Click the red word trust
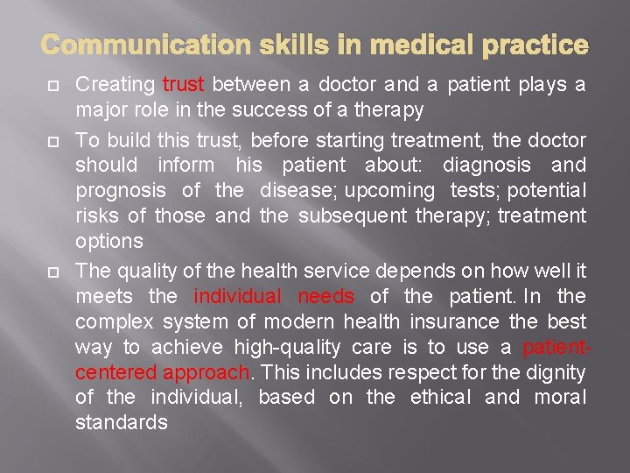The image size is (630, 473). [184, 85]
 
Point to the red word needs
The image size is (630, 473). [325, 297]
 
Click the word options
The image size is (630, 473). [109, 241]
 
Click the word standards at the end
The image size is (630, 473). [121, 422]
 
